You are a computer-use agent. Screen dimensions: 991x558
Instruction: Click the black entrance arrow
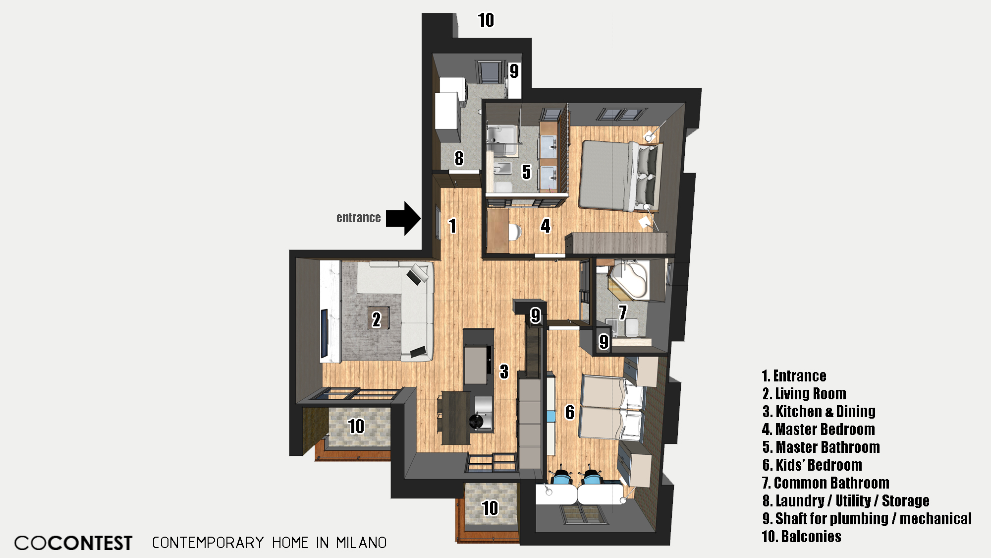(403, 218)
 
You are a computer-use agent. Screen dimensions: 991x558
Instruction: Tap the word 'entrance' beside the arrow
(358, 218)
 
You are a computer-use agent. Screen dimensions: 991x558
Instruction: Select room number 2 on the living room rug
(377, 319)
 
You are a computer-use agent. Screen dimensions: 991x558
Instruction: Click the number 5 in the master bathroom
(526, 172)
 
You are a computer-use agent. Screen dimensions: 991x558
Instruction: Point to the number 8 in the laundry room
(459, 158)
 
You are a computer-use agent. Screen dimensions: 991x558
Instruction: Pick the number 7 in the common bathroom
(623, 312)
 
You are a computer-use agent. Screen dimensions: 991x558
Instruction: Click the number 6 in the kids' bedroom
(570, 412)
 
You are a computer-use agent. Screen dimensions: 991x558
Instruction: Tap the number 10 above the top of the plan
(486, 20)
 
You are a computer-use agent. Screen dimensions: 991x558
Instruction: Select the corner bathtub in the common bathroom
(629, 280)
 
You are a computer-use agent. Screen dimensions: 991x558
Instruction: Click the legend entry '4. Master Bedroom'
(819, 429)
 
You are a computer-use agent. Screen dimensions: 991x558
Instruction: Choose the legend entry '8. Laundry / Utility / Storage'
(846, 500)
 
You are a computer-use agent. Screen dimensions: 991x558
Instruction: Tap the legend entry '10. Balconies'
(802, 536)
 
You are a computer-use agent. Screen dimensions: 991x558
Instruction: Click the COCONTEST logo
(73, 543)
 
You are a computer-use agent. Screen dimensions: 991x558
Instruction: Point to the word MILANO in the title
(361, 543)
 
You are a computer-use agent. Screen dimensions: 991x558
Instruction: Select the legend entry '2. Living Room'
(804, 393)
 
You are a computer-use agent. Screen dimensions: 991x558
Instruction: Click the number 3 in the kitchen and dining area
(504, 371)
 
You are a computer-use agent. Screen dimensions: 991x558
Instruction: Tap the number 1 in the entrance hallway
(452, 226)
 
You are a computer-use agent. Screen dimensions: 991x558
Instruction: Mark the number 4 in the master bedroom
(546, 226)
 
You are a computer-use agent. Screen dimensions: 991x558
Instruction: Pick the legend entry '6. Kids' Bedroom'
(812, 465)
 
